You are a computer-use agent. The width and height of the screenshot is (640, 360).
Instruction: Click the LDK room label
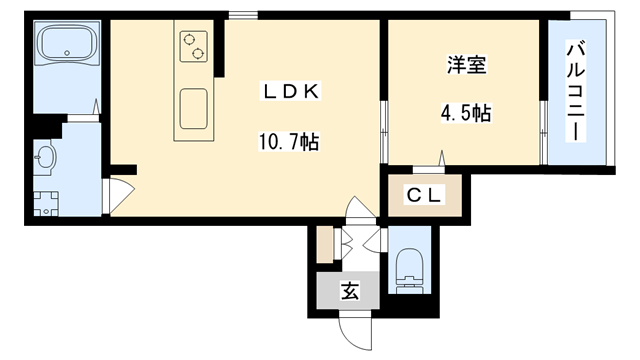[290, 92]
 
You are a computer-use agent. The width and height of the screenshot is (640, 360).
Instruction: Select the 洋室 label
[465, 68]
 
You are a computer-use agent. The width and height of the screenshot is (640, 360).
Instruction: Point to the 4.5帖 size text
[465, 112]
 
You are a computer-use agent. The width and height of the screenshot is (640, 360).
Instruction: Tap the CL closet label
[425, 196]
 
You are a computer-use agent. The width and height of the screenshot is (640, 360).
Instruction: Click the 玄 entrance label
[349, 292]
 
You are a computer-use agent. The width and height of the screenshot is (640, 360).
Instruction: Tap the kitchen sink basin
[193, 106]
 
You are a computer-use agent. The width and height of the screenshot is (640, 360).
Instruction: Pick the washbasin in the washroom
[44, 157]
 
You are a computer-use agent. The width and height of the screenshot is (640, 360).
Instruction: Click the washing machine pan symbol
[44, 203]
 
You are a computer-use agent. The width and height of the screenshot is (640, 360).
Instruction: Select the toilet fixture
[411, 268]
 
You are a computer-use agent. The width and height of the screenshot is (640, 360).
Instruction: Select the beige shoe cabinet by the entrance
[324, 246]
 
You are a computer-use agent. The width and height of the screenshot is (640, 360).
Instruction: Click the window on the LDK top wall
[241, 15]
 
